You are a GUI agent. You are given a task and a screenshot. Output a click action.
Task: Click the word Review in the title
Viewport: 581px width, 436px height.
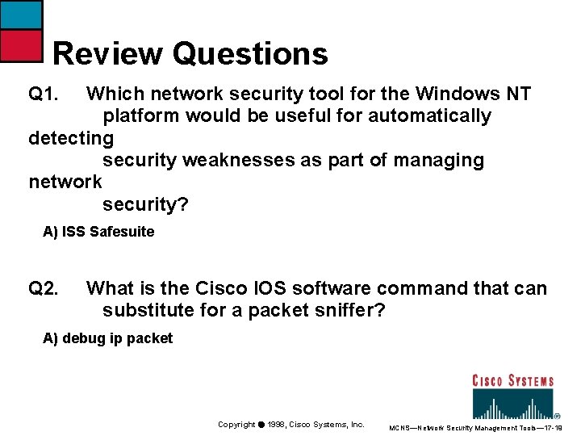pyautogui.click(x=107, y=54)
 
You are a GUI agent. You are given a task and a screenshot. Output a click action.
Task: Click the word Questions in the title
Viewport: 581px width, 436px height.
pyautogui.click(x=250, y=54)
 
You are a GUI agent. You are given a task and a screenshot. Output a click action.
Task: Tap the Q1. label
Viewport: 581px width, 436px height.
pyautogui.click(x=44, y=94)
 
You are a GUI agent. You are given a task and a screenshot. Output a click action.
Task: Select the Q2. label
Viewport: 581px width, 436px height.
pyautogui.click(x=44, y=288)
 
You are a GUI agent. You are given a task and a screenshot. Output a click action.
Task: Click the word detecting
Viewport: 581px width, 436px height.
pyautogui.click(x=71, y=138)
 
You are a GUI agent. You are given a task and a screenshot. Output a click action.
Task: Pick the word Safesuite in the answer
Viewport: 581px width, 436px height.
pyautogui.click(x=122, y=232)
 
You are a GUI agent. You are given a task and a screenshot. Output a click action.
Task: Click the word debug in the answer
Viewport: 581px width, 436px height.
pyautogui.click(x=83, y=338)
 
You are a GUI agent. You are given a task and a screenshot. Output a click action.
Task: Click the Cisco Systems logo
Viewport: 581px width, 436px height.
pyautogui.click(x=512, y=396)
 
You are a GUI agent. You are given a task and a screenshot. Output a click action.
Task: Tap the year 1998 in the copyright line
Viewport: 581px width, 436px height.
pyautogui.click(x=279, y=425)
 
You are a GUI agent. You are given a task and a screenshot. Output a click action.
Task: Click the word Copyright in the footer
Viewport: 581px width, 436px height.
pyautogui.click(x=236, y=425)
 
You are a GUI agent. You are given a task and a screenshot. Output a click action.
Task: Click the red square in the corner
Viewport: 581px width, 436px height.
pyautogui.click(x=20, y=46)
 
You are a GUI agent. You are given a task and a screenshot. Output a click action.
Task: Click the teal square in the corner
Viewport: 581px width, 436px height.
pyautogui.click(x=20, y=15)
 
